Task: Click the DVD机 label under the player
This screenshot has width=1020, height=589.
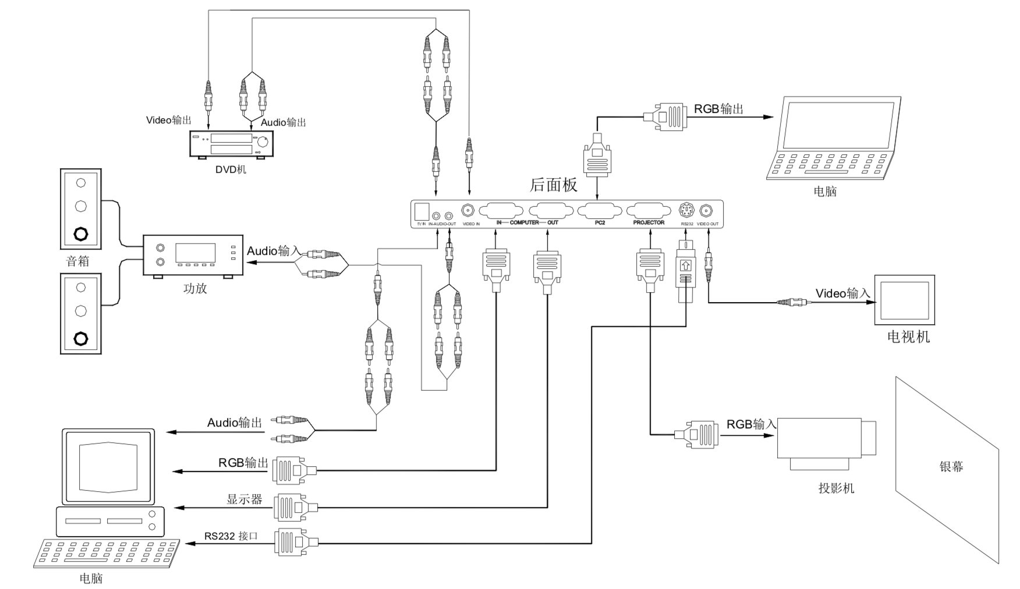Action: tap(231, 170)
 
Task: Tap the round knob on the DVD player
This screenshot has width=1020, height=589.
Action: tap(264, 140)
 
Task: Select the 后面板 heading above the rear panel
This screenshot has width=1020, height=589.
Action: tap(553, 184)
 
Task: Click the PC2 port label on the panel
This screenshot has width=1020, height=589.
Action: tap(600, 223)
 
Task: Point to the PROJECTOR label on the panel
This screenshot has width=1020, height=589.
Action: tap(649, 223)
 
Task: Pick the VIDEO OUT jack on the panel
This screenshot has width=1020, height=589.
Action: tap(707, 210)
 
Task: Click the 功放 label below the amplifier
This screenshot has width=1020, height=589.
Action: tap(195, 288)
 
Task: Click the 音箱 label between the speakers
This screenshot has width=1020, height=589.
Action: tap(78, 261)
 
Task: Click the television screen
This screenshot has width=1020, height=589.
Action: tap(904, 299)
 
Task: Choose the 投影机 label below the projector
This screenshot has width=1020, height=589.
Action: tap(836, 488)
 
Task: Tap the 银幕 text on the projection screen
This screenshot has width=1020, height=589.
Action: tap(951, 467)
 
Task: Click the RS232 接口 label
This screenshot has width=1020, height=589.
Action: tap(231, 536)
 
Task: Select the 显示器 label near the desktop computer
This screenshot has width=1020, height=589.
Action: tap(244, 499)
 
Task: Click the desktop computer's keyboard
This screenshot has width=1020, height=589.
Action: tap(108, 553)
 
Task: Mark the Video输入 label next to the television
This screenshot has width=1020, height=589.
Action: tap(842, 293)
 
